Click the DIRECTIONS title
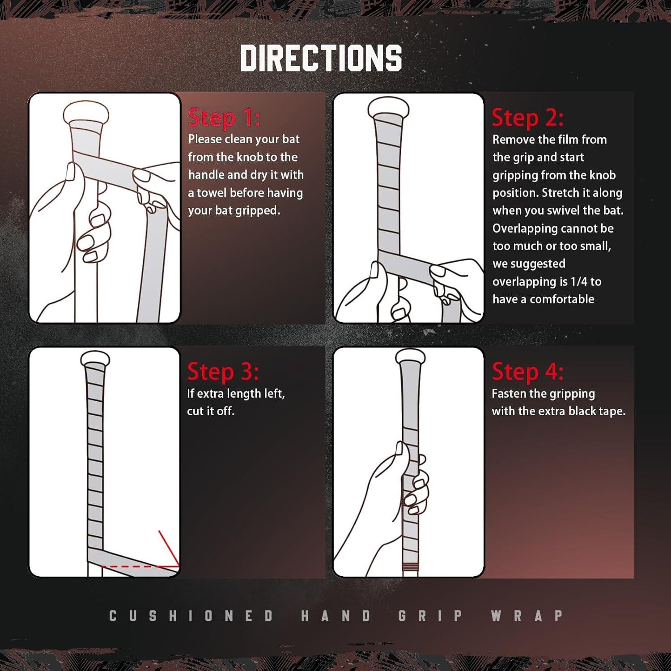[x=321, y=58]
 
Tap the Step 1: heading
[x=224, y=118]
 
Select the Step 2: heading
[x=528, y=118]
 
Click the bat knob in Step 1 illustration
[x=86, y=113]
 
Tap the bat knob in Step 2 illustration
[x=388, y=107]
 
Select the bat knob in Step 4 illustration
[x=410, y=357]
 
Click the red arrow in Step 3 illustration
[x=169, y=548]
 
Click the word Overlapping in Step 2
[x=521, y=229]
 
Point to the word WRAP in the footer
[x=527, y=616]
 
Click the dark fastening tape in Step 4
[x=410, y=569]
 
